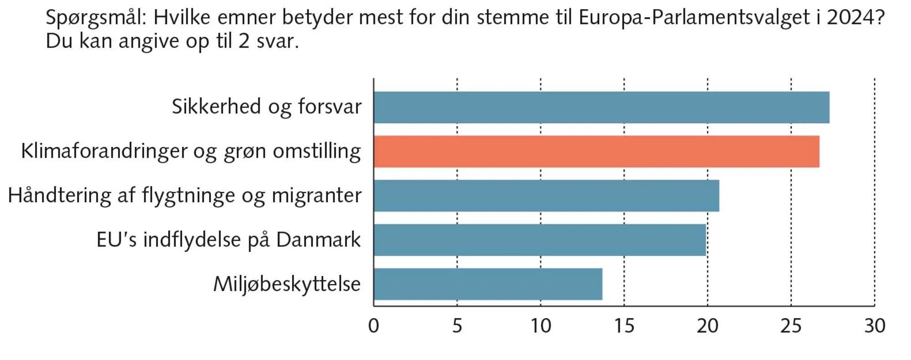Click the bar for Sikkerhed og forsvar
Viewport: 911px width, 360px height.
point(601,108)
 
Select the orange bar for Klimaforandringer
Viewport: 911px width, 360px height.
point(596,152)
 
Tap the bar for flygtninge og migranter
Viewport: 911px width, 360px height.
point(546,196)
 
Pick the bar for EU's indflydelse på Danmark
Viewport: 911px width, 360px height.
point(540,240)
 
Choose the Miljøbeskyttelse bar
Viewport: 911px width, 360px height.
point(488,284)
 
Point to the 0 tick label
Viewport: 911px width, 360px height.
point(374,326)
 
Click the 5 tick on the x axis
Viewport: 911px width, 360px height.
point(457,326)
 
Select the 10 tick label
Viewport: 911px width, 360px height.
point(541,326)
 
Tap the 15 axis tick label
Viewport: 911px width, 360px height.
point(624,326)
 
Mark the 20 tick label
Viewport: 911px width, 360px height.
point(707,326)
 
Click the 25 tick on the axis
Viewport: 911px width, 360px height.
point(791,326)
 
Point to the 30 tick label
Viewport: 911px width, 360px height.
point(875,326)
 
